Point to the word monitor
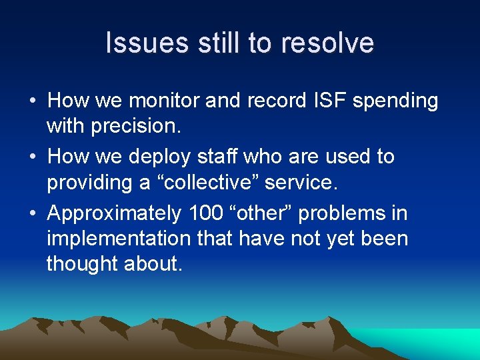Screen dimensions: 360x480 [164, 101]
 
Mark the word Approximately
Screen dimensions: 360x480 [115, 214]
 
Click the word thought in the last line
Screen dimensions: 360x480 [83, 264]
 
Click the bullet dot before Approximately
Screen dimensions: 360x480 [32, 214]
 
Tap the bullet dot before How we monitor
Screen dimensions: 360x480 [32, 101]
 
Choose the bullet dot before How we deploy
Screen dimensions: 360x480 [32, 157]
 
